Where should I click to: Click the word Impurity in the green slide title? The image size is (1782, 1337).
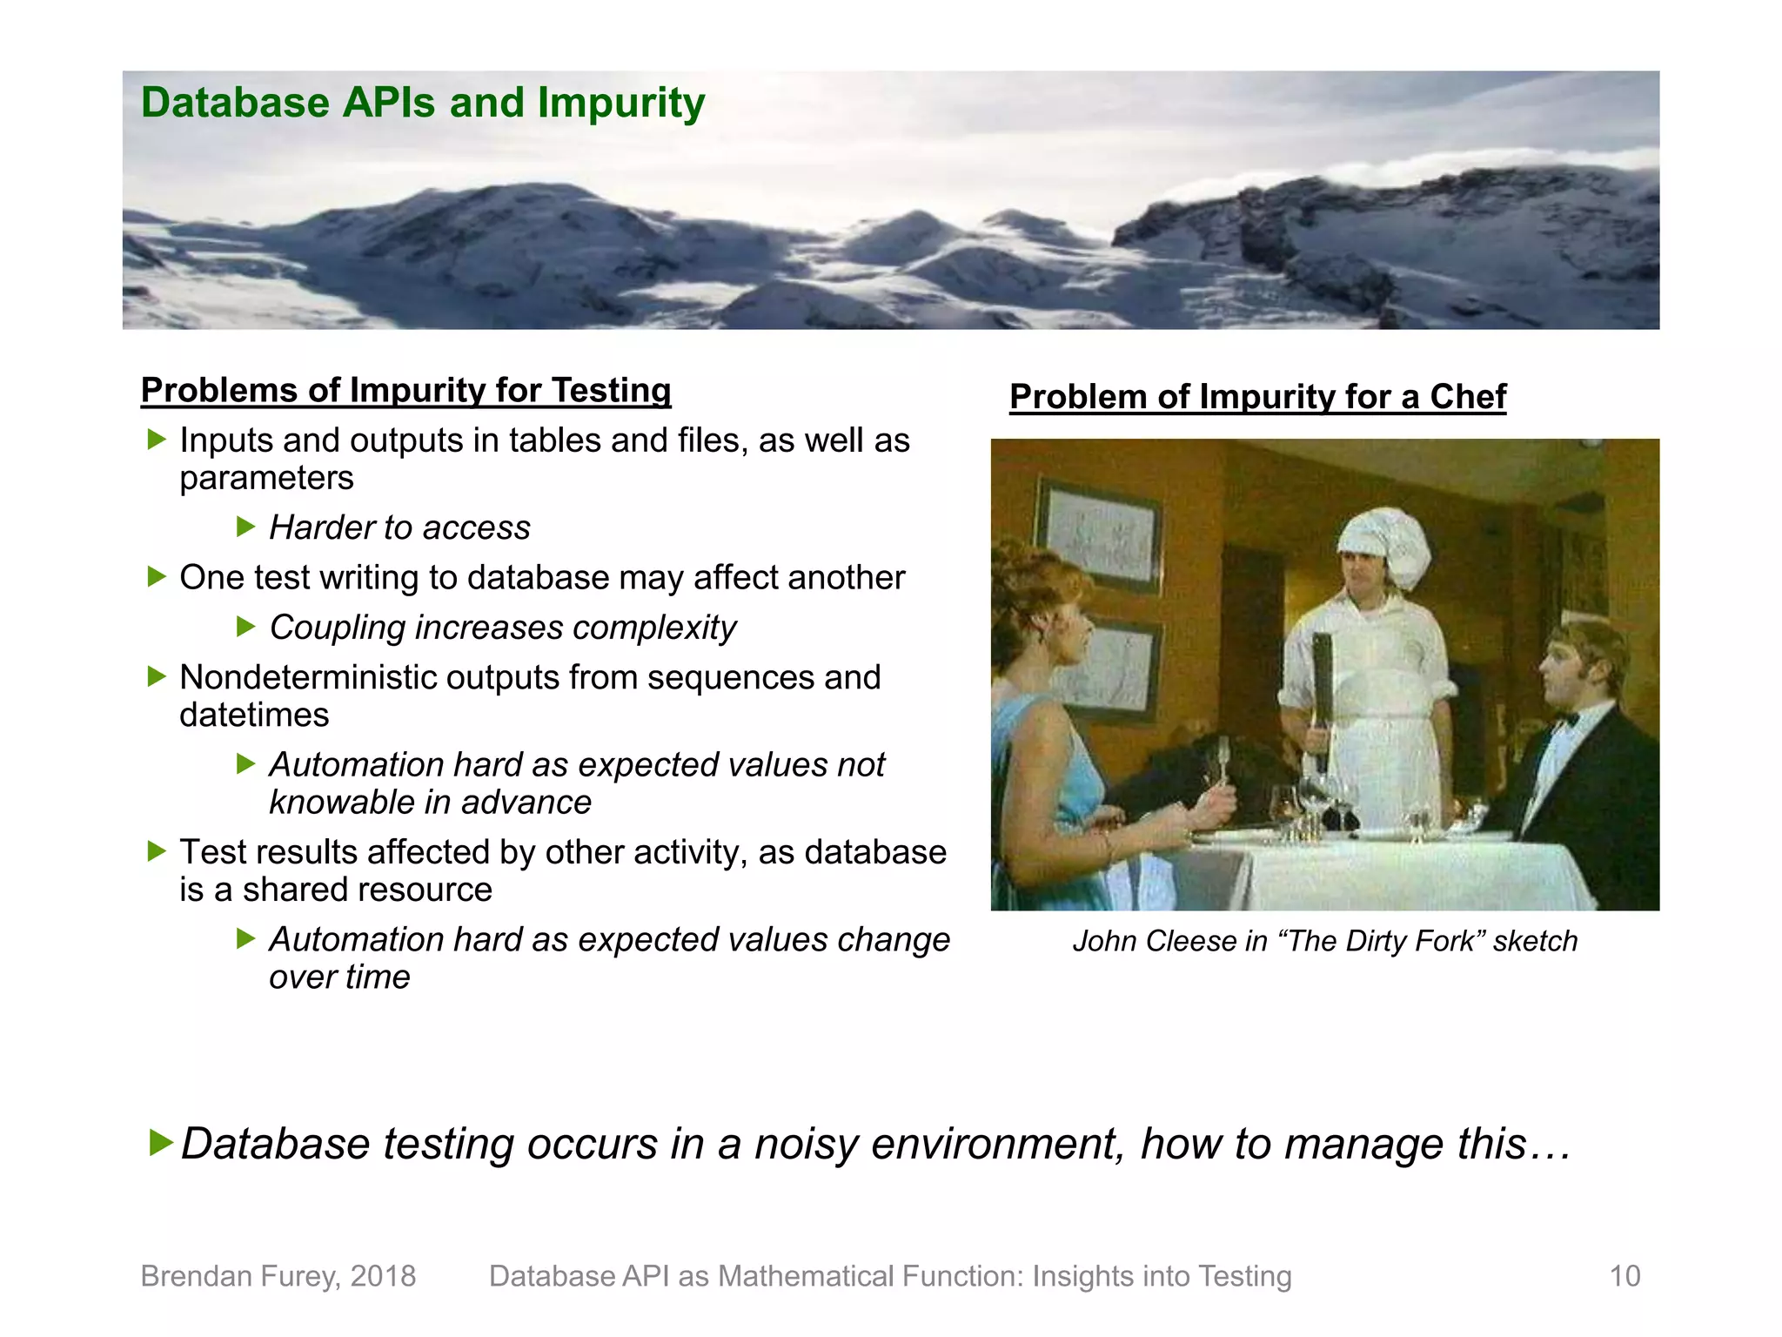point(620,104)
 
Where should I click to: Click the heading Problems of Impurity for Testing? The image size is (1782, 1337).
point(405,390)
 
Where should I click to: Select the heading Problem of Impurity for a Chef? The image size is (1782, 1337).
point(1257,397)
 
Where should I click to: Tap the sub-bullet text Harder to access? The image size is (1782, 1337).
point(399,527)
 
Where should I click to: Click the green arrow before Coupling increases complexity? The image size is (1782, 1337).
point(246,627)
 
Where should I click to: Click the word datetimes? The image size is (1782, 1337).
point(254,716)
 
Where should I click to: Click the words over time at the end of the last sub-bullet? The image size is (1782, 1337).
point(339,978)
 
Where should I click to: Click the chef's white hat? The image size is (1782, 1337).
point(1383,545)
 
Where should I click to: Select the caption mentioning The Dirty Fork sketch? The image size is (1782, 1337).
point(1324,941)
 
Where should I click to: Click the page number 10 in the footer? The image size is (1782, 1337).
point(1624,1276)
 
